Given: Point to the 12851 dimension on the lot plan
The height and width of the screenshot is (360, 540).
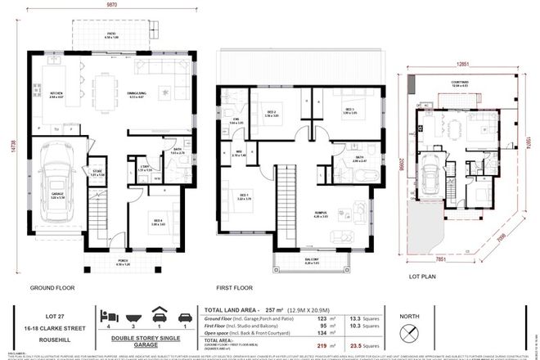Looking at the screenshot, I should pyautogui.click(x=464, y=62).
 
